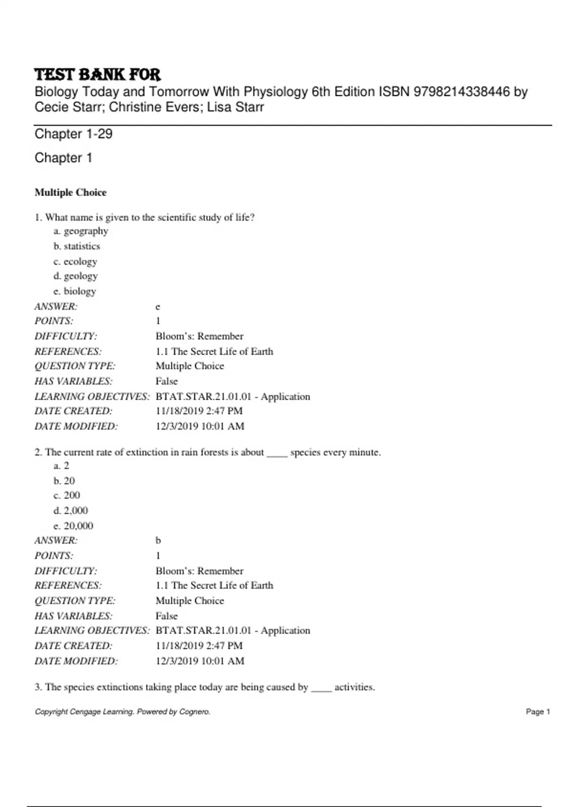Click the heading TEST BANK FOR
pyautogui.click(x=98, y=75)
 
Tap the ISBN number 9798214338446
pyautogui.click(x=461, y=92)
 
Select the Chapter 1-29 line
pyautogui.click(x=73, y=134)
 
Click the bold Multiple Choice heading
pyautogui.click(x=70, y=192)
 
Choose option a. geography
pyautogui.click(x=81, y=231)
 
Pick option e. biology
pyautogui.click(x=75, y=291)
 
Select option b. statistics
pyautogui.click(x=77, y=246)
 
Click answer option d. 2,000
pyautogui.click(x=71, y=511)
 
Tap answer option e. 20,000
pyautogui.click(x=73, y=526)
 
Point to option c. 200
pyautogui.click(x=67, y=496)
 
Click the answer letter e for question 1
pyautogui.click(x=158, y=307)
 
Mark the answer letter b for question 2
pyautogui.click(x=158, y=541)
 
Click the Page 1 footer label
pyautogui.click(x=538, y=712)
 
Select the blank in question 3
pyautogui.click(x=321, y=688)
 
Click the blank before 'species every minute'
pyautogui.click(x=277, y=453)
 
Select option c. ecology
pyautogui.click(x=75, y=262)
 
